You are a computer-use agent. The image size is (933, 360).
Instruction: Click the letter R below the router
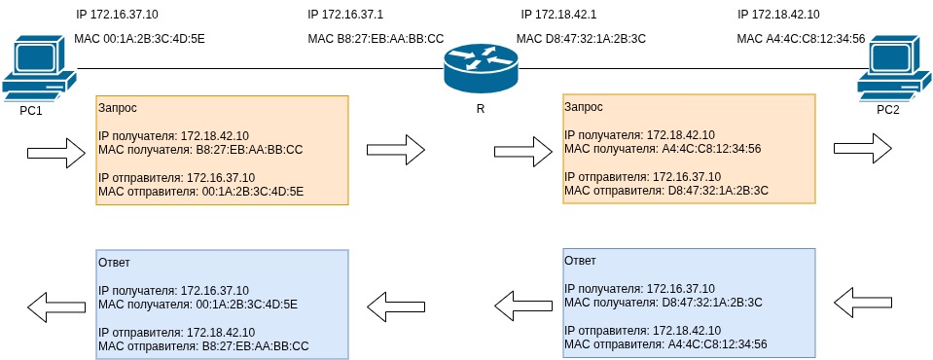click(480, 108)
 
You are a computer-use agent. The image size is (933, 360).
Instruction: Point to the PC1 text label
click(31, 110)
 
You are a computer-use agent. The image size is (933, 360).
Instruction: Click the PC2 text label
click(887, 110)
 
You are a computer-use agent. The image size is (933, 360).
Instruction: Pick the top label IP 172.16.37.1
click(344, 15)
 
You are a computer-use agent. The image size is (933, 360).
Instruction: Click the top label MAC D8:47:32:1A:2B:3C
click(581, 39)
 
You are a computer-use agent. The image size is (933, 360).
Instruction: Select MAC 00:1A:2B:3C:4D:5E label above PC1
click(139, 39)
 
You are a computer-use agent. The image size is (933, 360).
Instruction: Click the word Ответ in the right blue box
click(581, 261)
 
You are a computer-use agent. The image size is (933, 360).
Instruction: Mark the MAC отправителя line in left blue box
click(203, 345)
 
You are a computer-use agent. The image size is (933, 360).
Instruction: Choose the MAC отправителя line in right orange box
click(666, 191)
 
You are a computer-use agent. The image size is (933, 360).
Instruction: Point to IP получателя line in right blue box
click(639, 289)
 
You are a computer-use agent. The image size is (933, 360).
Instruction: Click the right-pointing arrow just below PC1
click(55, 151)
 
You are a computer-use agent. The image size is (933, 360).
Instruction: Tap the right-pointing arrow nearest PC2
click(862, 148)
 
